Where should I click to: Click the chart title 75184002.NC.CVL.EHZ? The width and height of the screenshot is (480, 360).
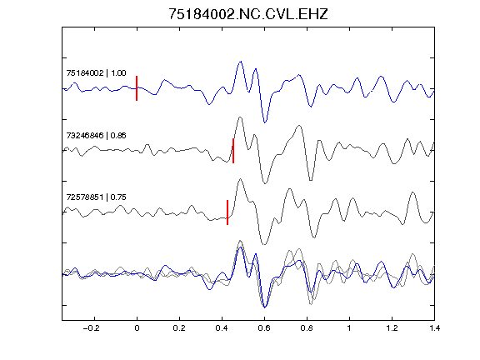tap(248, 14)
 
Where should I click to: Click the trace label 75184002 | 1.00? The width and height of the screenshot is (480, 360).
tap(96, 72)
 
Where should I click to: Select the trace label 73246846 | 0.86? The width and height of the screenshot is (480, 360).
tap(96, 135)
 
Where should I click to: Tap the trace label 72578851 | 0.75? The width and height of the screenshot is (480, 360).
tap(96, 197)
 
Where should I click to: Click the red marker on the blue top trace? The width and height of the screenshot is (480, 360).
tap(137, 88)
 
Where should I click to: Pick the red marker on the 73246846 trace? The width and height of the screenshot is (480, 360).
tap(233, 151)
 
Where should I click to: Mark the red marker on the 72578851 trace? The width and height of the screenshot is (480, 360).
tap(227, 212)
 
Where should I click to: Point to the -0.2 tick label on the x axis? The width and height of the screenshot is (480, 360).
tap(92, 328)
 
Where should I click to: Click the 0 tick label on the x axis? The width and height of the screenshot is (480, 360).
tap(137, 328)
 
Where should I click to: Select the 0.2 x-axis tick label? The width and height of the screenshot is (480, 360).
tap(179, 328)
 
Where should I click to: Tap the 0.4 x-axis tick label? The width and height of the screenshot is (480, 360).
tap(222, 328)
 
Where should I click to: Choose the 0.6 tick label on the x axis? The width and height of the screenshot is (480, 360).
tap(264, 328)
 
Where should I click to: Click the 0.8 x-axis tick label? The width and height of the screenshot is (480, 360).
tap(307, 328)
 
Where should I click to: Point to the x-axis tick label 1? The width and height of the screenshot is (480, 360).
tap(349, 328)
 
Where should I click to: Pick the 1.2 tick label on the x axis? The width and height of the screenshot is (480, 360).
tap(392, 328)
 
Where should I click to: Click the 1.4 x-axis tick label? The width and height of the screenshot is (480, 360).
tap(435, 328)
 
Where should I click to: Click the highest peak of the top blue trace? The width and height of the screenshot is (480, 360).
tap(241, 62)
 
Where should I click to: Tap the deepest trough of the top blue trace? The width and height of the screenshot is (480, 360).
tap(265, 122)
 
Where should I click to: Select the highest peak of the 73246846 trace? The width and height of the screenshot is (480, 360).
tap(240, 117)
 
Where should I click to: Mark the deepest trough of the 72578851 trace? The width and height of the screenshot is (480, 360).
tap(264, 244)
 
